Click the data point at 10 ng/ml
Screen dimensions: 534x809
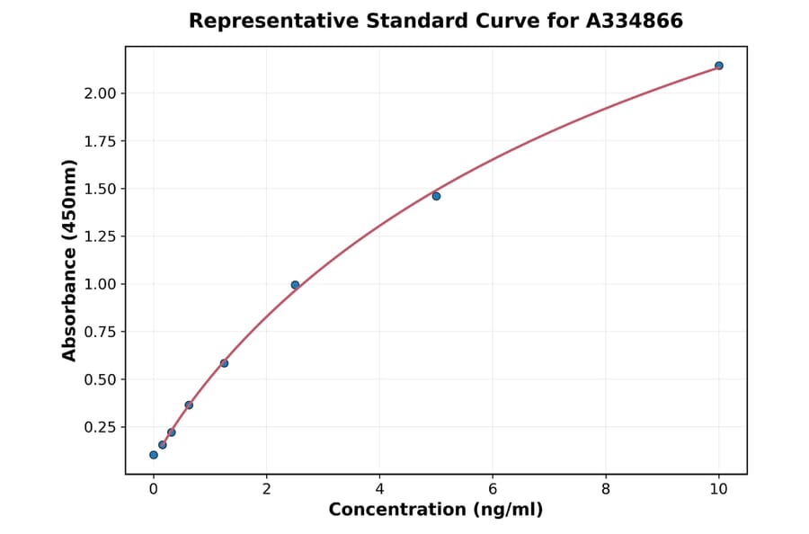718,66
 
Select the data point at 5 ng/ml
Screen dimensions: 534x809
436,196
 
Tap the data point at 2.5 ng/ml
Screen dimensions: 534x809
295,285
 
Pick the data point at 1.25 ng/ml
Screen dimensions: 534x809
224,363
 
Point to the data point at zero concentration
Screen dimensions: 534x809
154,455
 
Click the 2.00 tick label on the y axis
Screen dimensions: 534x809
99,93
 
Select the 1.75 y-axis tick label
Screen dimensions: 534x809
99,141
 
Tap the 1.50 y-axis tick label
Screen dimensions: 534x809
99,189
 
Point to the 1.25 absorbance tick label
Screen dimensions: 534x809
99,236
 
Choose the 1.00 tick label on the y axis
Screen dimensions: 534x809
99,284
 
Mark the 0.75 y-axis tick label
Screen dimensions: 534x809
99,332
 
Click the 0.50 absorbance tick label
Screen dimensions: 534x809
99,379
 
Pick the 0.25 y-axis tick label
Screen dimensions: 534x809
99,427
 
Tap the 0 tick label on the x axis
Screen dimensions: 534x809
154,489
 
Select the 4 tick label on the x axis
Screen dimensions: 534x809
379,489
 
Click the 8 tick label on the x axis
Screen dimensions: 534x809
606,489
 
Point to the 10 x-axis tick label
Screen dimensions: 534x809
718,489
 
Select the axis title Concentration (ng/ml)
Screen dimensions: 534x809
436,510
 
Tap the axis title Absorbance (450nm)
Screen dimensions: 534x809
70,260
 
